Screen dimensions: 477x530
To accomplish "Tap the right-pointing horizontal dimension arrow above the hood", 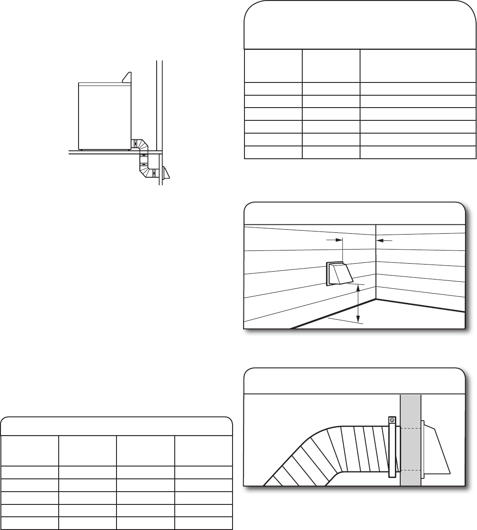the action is [334, 240].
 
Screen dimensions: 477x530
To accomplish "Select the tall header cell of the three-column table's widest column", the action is [418, 66].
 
